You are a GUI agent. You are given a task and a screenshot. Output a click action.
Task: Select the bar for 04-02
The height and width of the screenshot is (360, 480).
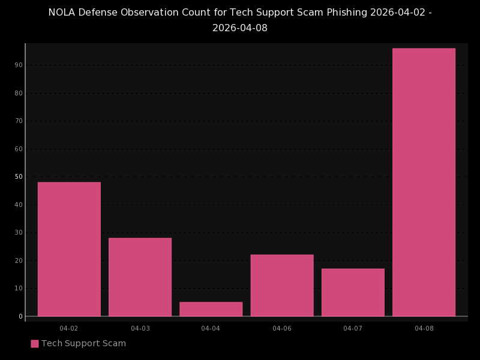69,249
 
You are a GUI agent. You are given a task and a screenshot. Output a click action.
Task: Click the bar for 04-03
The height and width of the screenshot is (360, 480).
140,277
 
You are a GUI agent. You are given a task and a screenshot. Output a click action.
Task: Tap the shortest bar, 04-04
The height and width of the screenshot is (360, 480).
211,309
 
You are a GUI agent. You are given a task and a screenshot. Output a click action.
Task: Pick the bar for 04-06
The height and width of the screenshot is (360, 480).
282,285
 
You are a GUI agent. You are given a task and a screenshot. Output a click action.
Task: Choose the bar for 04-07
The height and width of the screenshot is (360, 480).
353,292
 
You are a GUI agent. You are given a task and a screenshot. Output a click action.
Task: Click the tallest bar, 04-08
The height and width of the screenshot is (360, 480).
424,182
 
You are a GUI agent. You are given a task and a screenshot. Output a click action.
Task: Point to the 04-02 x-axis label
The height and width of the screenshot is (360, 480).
69,328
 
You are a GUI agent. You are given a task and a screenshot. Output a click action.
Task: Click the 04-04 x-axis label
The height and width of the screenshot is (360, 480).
211,328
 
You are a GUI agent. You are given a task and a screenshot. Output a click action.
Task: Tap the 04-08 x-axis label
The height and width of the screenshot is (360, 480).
424,328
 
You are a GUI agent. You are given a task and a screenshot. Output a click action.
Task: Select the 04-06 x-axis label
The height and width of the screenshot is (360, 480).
282,328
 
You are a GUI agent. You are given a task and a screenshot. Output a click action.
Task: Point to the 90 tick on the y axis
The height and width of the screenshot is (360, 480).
19,65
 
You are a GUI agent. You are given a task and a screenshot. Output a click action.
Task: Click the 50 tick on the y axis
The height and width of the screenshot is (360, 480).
19,176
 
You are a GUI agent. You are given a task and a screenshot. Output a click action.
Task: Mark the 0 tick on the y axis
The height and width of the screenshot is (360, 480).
20,316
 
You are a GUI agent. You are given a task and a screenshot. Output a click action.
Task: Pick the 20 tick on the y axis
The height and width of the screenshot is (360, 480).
19,260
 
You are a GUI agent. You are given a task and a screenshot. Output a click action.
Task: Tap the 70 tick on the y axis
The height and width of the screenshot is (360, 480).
19,121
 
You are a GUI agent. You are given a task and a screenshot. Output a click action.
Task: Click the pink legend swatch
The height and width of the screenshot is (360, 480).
35,344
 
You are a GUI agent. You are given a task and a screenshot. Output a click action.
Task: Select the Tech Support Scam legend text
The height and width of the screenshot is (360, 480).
83,344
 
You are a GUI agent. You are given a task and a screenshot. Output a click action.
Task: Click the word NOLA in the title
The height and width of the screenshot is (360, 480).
61,13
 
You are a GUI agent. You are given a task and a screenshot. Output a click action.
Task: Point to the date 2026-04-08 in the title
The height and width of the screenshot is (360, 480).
240,28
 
